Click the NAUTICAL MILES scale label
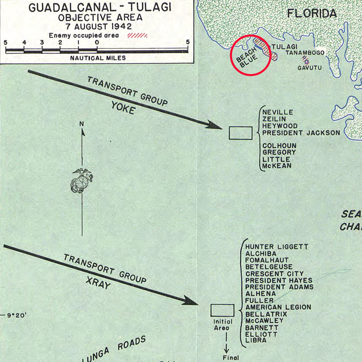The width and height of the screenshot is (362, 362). point(98,58)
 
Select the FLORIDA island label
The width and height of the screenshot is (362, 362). point(312,13)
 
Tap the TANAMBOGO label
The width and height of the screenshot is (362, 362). point(305,53)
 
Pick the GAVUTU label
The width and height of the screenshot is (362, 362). point(309,68)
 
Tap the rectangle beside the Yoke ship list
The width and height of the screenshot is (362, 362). point(240,133)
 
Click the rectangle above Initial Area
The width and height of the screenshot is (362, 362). point(222,310)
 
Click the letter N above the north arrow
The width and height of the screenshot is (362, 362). point(81,124)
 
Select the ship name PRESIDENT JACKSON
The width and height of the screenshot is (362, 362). point(301,133)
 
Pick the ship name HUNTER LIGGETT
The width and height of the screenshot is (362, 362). point(277,247)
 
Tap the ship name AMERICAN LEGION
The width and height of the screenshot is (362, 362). point(278,307)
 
